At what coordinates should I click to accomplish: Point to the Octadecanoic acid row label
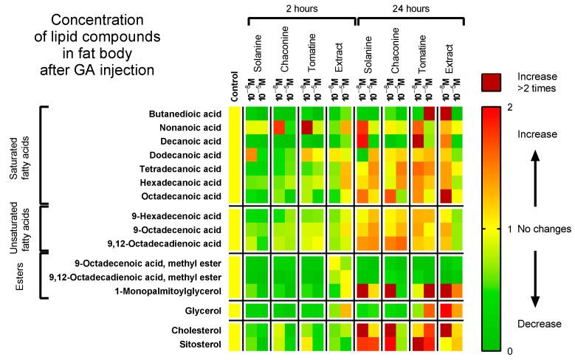[x=182, y=195]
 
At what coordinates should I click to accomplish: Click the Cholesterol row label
[x=196, y=331]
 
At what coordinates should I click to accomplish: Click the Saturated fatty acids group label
[x=16, y=156]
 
